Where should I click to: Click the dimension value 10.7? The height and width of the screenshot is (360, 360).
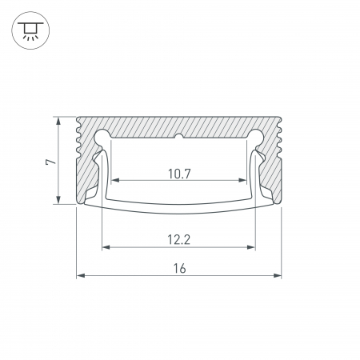point(179,174)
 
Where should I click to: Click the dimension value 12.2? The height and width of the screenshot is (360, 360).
point(179,240)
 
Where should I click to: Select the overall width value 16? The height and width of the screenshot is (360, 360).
point(179,268)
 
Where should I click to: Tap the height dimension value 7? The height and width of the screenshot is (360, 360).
point(51,162)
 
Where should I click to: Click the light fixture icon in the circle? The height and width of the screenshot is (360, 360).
point(30,30)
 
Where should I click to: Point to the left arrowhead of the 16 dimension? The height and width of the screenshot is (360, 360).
point(81,275)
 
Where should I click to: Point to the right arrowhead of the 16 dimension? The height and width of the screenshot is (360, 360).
point(278,275)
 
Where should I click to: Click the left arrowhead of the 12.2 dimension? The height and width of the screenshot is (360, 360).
point(106,247)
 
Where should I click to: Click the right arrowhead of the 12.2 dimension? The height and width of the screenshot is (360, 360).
point(251,247)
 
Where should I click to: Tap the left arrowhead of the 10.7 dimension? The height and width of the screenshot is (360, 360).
point(115,181)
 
